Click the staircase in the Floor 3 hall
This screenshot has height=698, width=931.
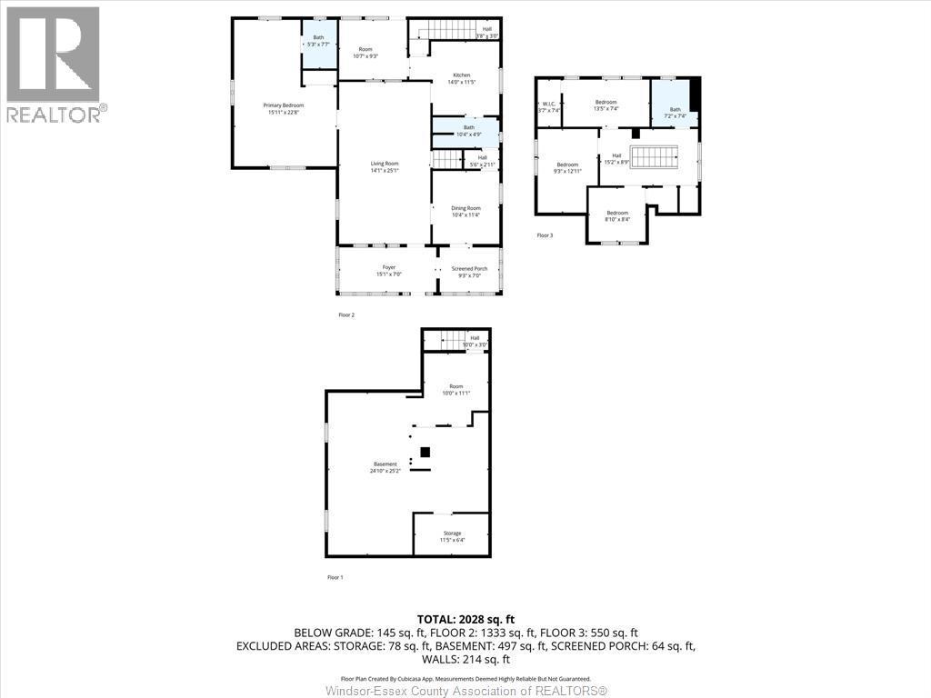[655, 157]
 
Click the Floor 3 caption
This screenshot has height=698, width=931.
[545, 235]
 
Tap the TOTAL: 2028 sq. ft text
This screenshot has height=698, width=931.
[465, 619]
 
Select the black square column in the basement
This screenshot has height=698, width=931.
[425, 453]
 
